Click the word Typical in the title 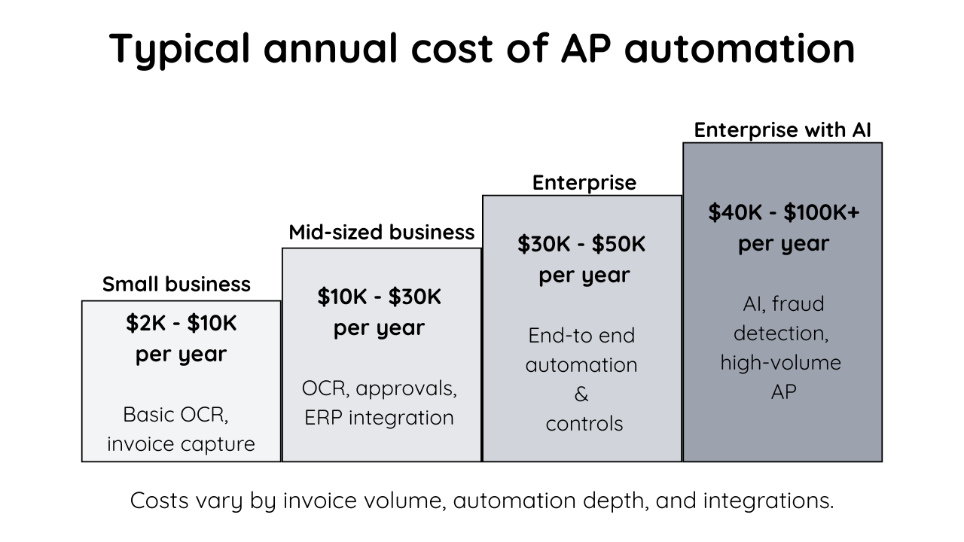[x=182, y=48]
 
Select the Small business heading [x=176, y=285]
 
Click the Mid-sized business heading [x=382, y=232]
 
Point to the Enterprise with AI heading [x=782, y=129]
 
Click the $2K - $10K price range [x=181, y=324]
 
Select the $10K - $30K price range [x=379, y=297]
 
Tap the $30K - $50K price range [x=581, y=245]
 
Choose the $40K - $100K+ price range [x=783, y=213]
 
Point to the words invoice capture [x=181, y=443]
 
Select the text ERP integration [x=379, y=418]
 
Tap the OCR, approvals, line [x=380, y=388]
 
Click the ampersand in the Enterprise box [x=581, y=394]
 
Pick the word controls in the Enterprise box [x=584, y=424]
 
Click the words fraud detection [x=783, y=318]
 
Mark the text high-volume [x=780, y=363]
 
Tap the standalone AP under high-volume [x=783, y=392]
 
